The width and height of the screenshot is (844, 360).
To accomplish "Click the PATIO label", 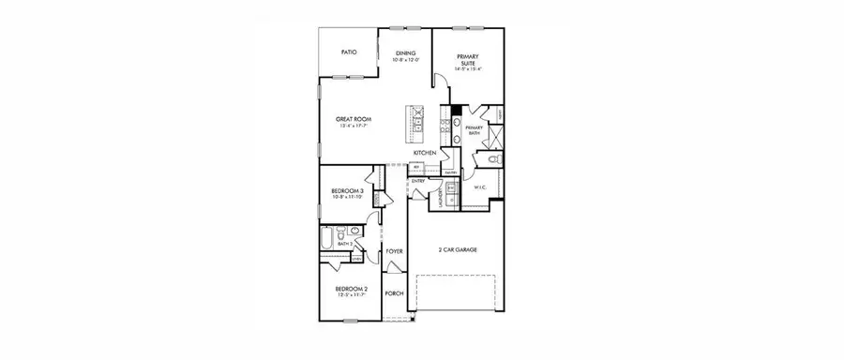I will (x=348, y=54).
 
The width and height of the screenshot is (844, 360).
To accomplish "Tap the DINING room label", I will (x=405, y=53).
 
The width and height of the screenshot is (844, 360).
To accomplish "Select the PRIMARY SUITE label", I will (x=467, y=59).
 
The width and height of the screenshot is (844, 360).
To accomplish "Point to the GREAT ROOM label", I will (x=355, y=120).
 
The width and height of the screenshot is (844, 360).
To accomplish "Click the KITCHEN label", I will (x=425, y=152).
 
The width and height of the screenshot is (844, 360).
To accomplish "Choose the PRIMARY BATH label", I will (x=474, y=130).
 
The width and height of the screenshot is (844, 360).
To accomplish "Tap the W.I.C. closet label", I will (x=478, y=187).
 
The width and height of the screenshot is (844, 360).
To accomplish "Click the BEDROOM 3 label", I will (x=346, y=192).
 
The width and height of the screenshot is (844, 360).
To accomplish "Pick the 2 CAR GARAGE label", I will (x=457, y=250).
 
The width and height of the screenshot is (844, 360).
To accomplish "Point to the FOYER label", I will (x=394, y=252).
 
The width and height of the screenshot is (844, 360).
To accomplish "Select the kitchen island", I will (x=412, y=120).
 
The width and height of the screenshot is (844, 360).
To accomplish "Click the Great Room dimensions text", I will (x=355, y=127).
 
